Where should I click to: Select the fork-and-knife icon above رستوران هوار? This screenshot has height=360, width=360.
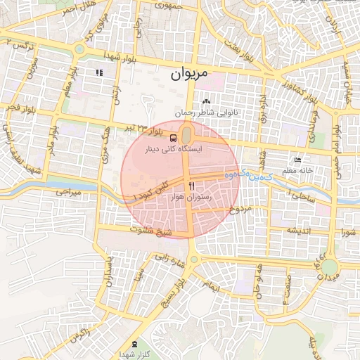[191, 185]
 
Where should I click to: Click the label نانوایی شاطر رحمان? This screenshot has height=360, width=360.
[211, 112]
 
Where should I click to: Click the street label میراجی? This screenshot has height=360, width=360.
[69, 191]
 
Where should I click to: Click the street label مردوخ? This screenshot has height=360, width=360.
[240, 209]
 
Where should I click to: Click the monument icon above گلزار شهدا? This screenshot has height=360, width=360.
[134, 345]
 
